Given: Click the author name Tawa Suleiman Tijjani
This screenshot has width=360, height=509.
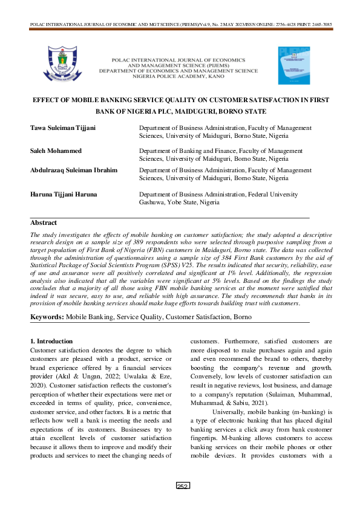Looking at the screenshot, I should pyautogui.click(x=61, y=128).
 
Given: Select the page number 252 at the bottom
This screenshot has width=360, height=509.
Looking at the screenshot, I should pyautogui.click(x=180, y=503).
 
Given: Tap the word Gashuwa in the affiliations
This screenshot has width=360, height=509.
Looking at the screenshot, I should pyautogui.click(x=153, y=202).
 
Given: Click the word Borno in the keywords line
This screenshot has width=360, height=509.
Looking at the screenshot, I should pyautogui.click(x=243, y=317).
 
